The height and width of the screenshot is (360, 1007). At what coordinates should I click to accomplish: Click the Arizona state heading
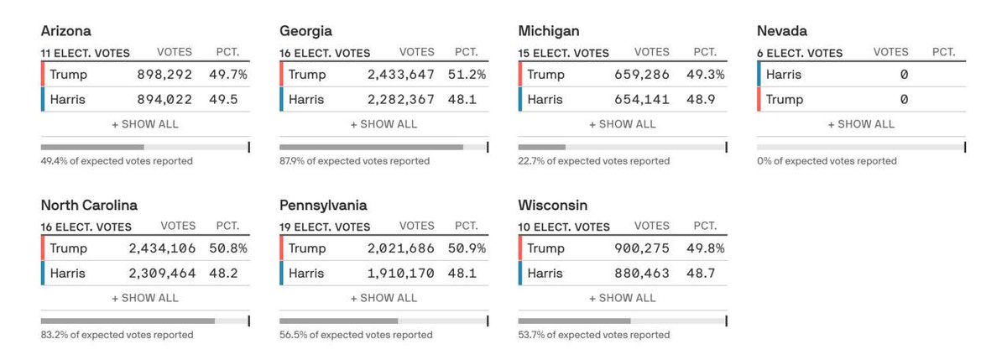(67, 31)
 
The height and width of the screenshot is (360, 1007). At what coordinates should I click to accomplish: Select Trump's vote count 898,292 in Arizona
(164, 75)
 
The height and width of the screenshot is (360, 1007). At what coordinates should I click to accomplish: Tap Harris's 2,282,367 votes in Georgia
(400, 99)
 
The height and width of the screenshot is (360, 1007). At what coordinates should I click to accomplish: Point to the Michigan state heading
(549, 31)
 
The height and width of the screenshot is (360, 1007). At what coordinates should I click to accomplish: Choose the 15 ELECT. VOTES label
(563, 53)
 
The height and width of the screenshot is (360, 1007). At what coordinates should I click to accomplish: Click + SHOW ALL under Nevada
(861, 124)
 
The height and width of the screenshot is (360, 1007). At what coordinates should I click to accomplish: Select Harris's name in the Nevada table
(784, 75)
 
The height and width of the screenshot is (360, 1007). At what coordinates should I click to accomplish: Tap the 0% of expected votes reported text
(827, 161)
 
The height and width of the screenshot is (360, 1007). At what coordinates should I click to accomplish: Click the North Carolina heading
(89, 206)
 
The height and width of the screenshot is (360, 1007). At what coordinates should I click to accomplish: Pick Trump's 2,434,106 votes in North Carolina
(162, 248)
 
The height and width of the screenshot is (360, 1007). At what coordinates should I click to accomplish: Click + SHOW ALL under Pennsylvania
(383, 298)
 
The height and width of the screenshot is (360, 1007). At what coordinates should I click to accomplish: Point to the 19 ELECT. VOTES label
(325, 227)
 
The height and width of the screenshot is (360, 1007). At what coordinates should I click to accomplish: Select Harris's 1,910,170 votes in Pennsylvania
(400, 274)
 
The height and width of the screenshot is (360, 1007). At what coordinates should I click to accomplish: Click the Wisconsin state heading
(553, 206)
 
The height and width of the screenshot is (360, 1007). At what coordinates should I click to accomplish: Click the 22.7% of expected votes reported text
(593, 161)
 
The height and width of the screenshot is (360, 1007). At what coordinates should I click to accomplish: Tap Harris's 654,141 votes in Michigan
(642, 99)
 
